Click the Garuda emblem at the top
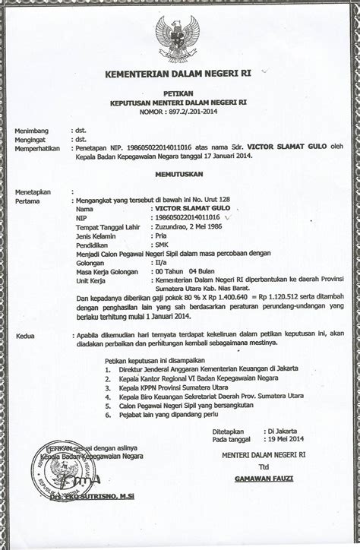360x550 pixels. [179, 34]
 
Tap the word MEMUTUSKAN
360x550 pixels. [180, 172]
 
